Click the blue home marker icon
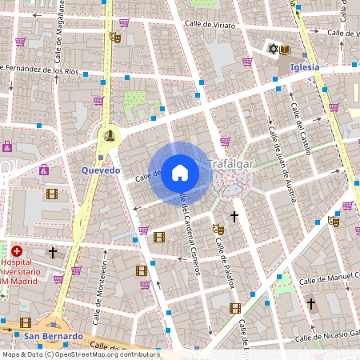pos(180,173)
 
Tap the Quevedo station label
pos(101,170)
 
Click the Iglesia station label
pos(305,67)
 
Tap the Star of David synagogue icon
pos(272,50)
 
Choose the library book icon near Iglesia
pos(285,50)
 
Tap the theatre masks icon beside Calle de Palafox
pos(217,229)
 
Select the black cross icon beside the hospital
pos(53,253)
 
